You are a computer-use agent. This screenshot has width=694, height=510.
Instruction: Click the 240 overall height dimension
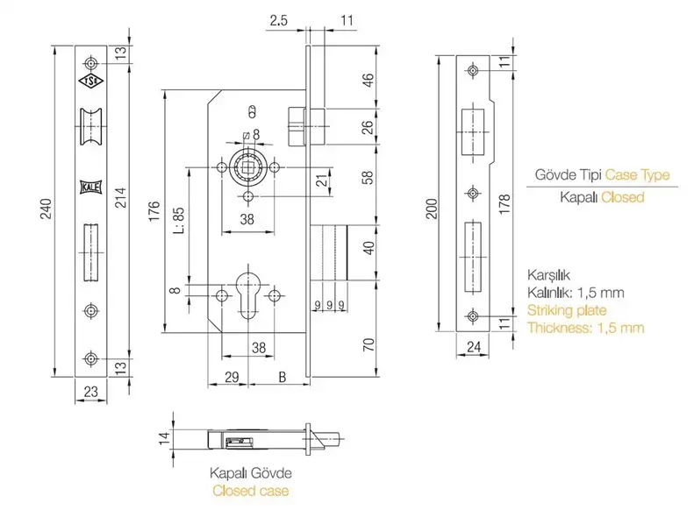click(x=46, y=209)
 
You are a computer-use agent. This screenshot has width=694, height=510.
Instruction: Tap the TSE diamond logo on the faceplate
click(x=90, y=81)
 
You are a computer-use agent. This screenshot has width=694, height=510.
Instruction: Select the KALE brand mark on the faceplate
click(x=90, y=187)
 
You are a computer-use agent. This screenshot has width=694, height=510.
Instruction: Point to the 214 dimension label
click(x=121, y=197)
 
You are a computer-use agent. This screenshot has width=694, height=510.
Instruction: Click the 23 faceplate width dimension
click(x=90, y=391)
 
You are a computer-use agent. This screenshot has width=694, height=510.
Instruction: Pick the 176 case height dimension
click(x=154, y=211)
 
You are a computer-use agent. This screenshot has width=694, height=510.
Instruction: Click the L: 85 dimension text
click(x=178, y=221)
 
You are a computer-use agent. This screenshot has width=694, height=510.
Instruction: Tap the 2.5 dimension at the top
click(x=279, y=20)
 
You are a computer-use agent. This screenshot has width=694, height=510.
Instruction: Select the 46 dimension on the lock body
click(x=368, y=80)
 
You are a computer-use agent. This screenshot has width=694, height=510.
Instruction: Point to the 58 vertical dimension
click(x=368, y=177)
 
